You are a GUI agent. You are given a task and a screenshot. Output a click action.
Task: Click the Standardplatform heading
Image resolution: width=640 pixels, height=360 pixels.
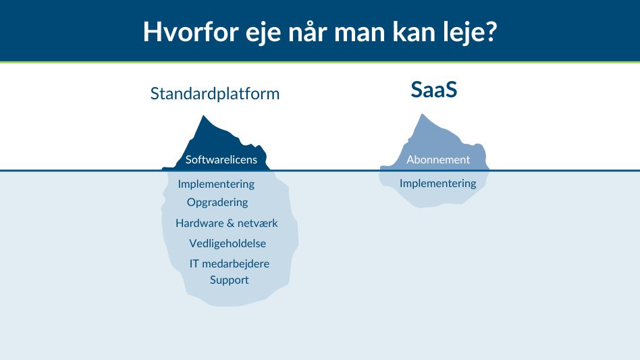(x=215, y=93)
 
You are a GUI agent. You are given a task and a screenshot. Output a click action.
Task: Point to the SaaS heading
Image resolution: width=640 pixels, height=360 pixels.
(x=434, y=90)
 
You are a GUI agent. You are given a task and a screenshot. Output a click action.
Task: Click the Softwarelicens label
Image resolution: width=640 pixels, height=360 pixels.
(x=221, y=160)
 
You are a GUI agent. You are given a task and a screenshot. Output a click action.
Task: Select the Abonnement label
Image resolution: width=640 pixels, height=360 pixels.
(x=438, y=160)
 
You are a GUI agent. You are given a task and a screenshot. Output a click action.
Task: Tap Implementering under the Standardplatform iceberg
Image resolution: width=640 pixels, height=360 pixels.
(x=216, y=184)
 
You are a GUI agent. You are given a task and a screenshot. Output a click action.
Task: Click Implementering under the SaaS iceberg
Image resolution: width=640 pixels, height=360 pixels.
(x=437, y=183)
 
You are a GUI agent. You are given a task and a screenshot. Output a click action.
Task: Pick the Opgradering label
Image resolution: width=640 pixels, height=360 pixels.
(x=217, y=202)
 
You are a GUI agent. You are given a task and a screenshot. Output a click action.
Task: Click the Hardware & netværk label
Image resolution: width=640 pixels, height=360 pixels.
(x=226, y=223)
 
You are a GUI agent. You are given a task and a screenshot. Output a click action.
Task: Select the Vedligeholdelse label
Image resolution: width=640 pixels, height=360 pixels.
(x=228, y=243)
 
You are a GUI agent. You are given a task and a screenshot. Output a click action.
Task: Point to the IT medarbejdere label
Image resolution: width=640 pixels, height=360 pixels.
(x=229, y=263)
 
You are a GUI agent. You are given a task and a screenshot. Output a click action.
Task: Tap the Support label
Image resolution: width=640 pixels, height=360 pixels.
(x=229, y=280)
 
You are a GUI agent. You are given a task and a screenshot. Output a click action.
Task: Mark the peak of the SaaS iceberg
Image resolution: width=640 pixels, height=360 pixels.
(x=423, y=115)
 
